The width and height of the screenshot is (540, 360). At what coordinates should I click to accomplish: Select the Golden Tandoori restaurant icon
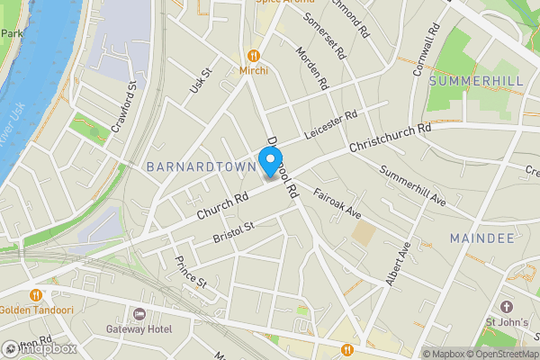(x=36, y=294)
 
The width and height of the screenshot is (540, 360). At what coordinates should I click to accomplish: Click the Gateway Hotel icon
(x=139, y=314)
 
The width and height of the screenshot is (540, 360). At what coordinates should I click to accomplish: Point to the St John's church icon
(x=505, y=307)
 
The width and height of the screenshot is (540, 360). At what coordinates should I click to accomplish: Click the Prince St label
(x=191, y=273)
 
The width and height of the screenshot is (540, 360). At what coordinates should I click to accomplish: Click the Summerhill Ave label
(x=413, y=184)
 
